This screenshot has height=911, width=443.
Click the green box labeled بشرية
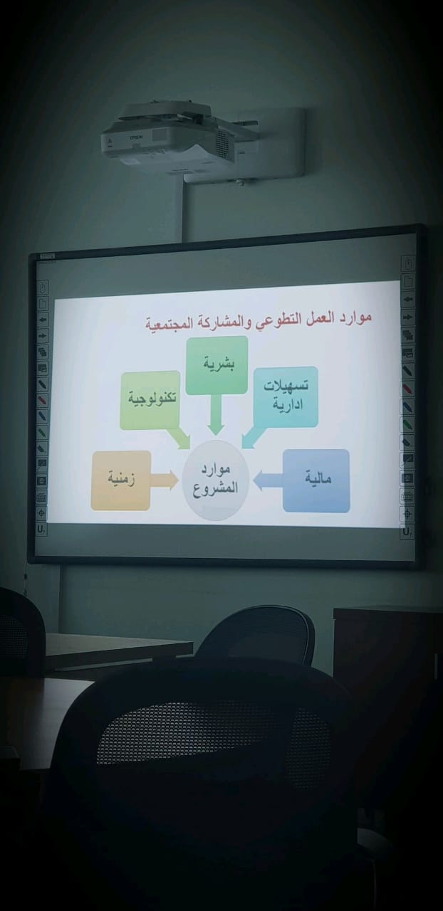coord(217,365)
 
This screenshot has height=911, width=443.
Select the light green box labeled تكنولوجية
coord(150,400)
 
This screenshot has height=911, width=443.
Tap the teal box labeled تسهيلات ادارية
coord(286,396)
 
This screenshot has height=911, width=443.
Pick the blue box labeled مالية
coord(316,480)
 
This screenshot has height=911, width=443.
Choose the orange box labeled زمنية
coord(121,480)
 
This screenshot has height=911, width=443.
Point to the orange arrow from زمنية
coord(165,480)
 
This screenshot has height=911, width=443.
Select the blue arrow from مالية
coord(268,480)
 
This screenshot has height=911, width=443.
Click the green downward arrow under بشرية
coord(215,414)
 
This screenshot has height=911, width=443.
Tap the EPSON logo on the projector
coord(136,137)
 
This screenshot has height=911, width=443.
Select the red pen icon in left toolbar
coord(42,399)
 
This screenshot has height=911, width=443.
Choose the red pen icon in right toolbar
coord(407,388)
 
